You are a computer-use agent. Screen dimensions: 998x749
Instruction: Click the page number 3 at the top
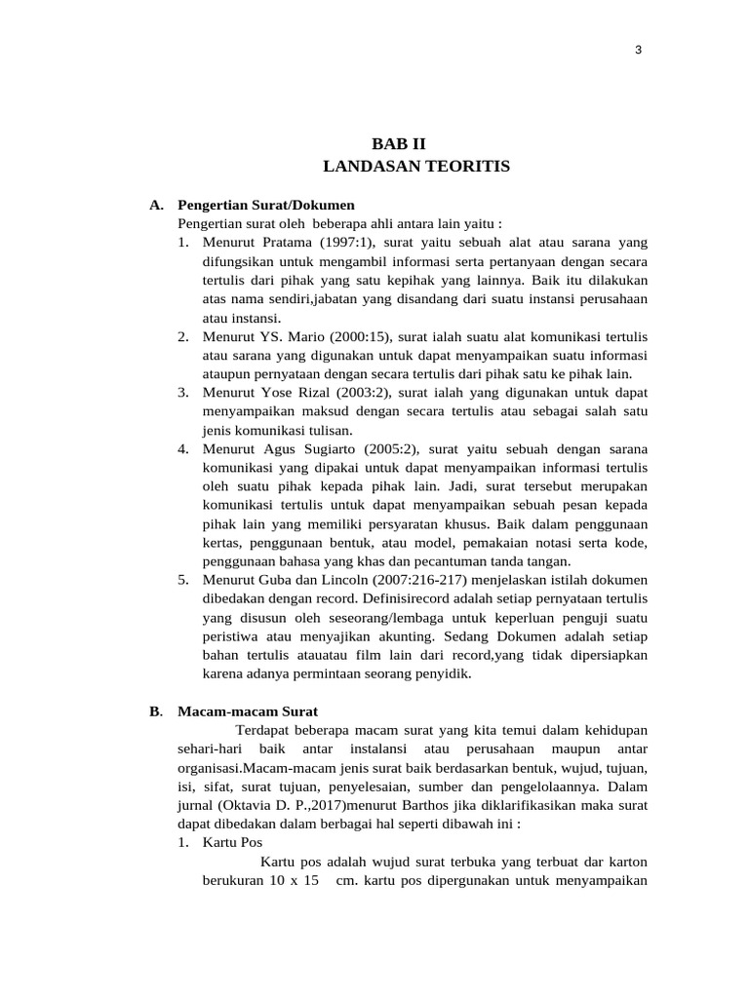coord(638,51)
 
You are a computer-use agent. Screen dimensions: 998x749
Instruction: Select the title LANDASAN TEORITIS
coord(415,167)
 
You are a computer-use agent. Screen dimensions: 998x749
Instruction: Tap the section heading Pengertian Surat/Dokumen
coord(265,206)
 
